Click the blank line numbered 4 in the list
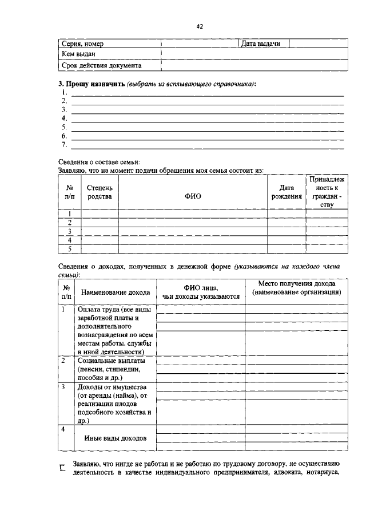coord(206,118)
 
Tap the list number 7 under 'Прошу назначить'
coord(64,145)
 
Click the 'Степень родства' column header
coord(100,192)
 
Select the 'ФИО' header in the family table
coord(193,196)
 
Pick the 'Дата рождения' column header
coord(286,192)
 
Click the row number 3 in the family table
coord(69,231)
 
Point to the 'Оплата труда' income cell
coord(115,330)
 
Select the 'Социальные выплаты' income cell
coord(112,369)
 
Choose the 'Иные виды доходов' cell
coord(115,438)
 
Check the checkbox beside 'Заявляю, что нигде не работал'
coord(63,468)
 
